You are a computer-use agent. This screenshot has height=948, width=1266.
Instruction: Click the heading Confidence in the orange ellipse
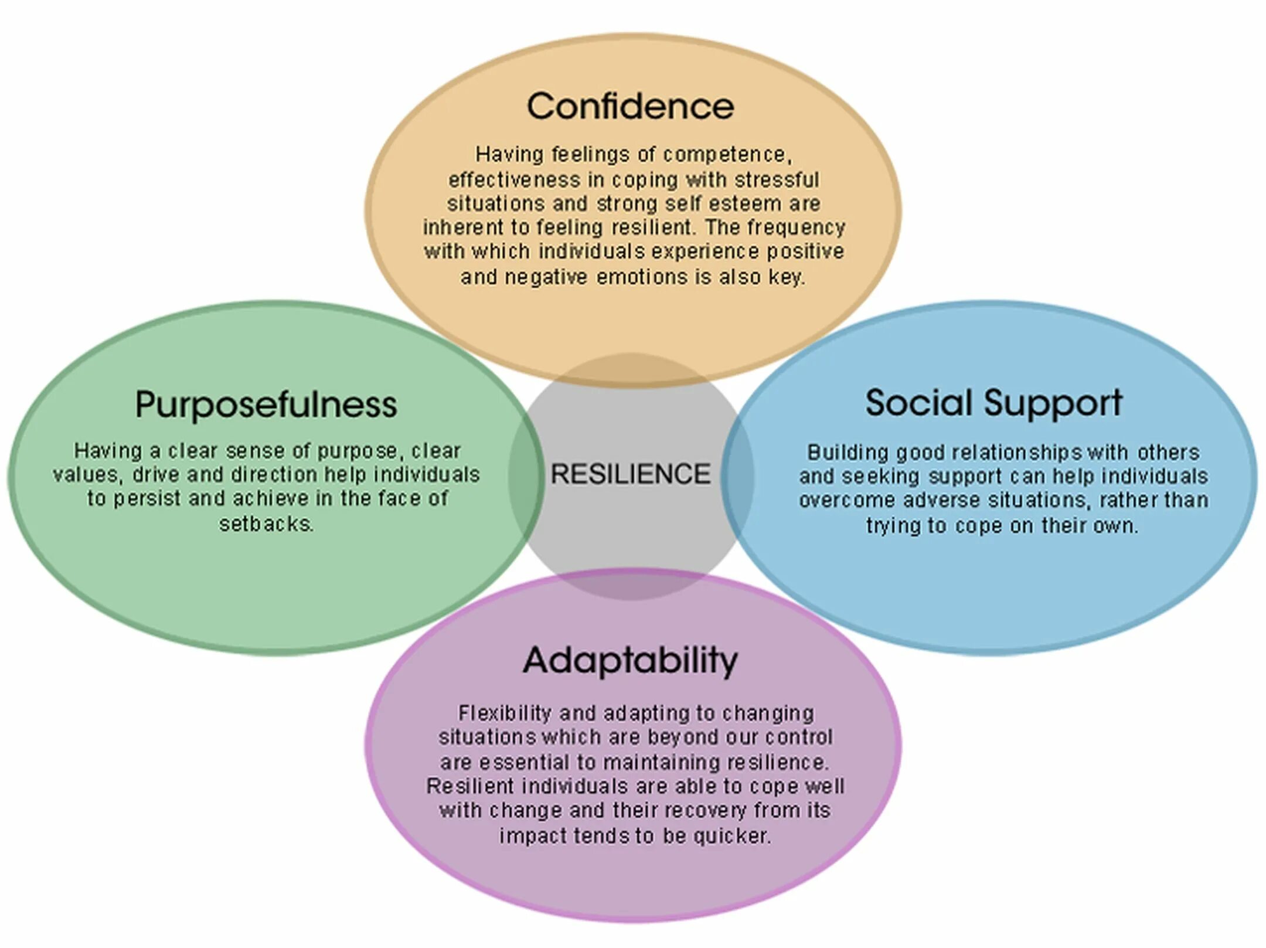630,106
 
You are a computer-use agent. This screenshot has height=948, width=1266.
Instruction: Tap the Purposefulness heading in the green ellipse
266,405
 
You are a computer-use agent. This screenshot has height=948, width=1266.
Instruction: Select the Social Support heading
993,403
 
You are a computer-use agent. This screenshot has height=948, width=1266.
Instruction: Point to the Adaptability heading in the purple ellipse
630,660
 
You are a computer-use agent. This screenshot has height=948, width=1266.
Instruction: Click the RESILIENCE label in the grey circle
630,474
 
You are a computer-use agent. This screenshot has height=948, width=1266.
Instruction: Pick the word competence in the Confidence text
727,155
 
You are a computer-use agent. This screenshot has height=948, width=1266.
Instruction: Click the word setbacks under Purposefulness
266,524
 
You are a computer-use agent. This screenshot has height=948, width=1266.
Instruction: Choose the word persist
147,499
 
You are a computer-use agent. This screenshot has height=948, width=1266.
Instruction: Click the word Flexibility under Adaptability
505,713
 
